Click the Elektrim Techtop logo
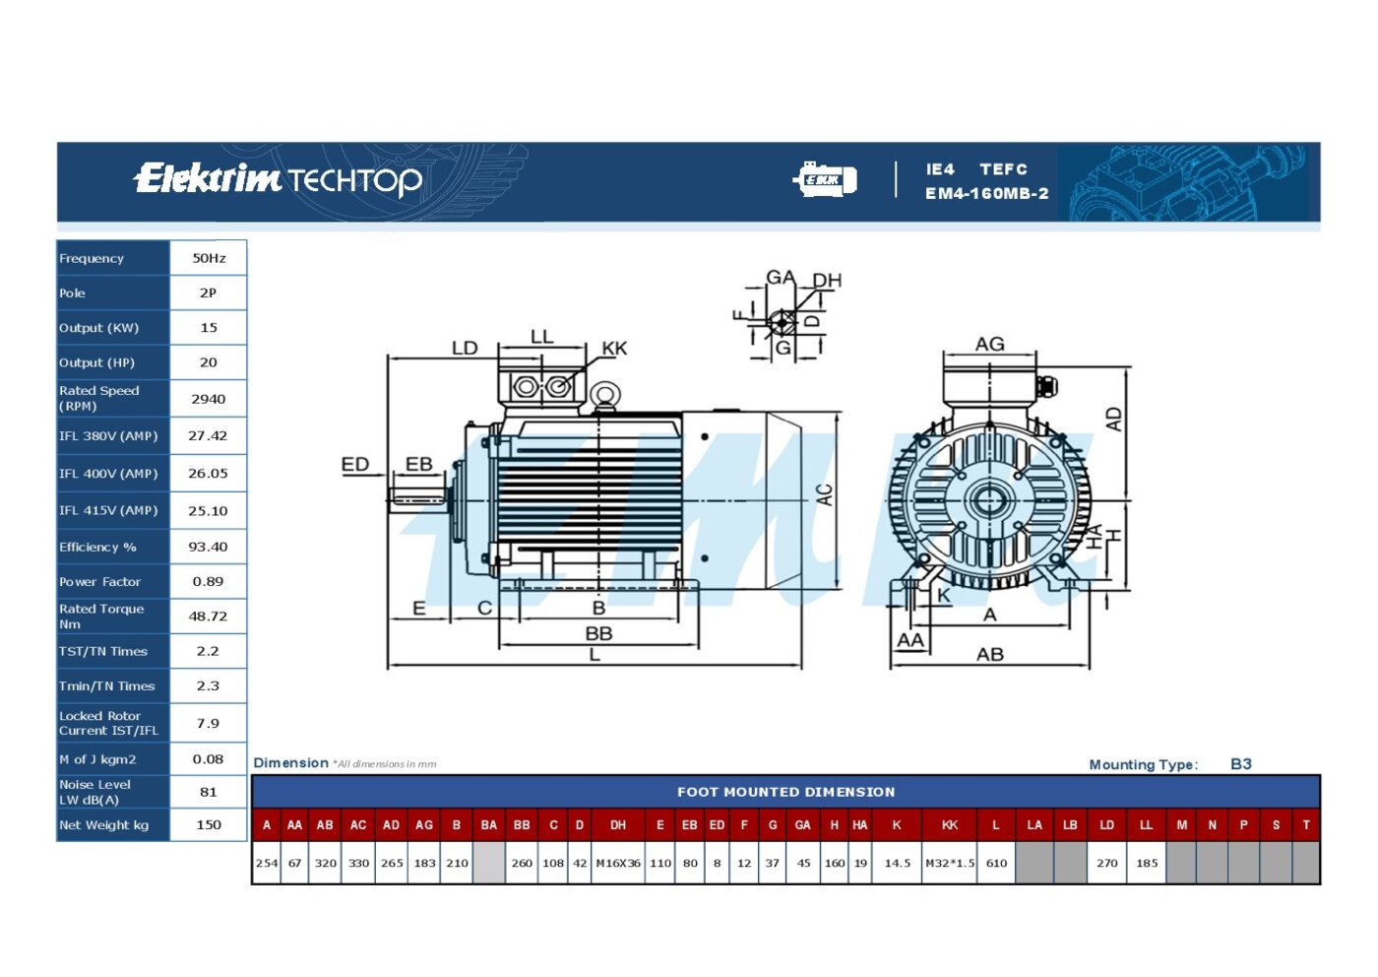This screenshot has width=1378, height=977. tap(278, 179)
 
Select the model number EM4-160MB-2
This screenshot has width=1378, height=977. tap(986, 193)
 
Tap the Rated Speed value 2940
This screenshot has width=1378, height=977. tap(208, 399)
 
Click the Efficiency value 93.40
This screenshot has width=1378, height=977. tap(208, 547)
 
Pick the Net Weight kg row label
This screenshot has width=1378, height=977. tap(104, 825)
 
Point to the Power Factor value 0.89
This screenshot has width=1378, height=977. tap(208, 581)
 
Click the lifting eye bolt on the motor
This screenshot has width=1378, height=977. tap(604, 396)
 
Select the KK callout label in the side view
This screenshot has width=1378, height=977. tap(614, 349)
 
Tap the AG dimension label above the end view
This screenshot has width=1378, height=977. tap(989, 344)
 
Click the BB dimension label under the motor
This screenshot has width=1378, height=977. tap(598, 633)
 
